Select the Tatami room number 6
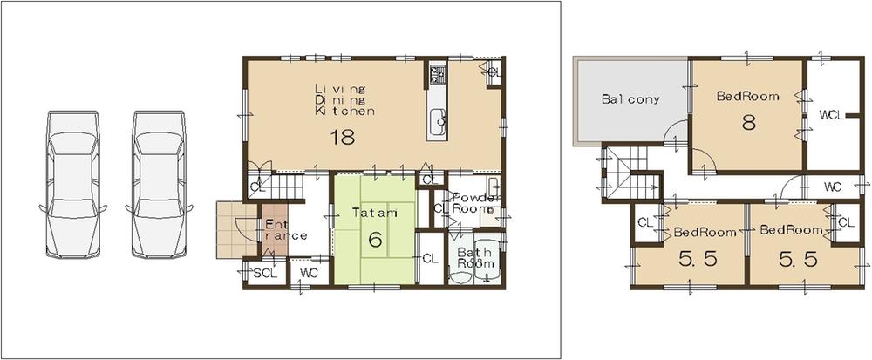[375, 239]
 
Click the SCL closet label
[263, 274]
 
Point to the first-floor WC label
[308, 274]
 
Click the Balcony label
[630, 99]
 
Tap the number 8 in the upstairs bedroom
[747, 123]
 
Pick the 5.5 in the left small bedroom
[688, 259]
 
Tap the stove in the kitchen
[436, 74]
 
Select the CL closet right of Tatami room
[429, 258]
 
